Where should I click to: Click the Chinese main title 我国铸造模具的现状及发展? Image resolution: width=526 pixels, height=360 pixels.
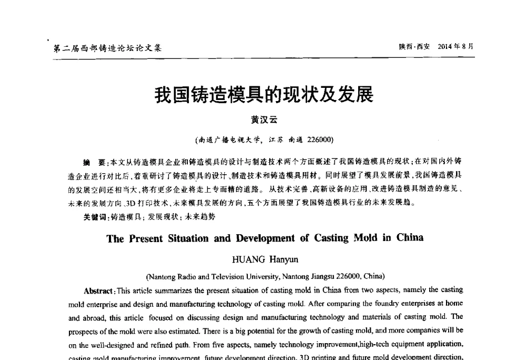point(264,95)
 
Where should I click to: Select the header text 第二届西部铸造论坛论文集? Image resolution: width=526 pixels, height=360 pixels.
point(108,48)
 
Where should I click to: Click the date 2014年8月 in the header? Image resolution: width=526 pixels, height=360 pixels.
point(456,46)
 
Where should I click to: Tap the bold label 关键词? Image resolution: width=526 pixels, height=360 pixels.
point(95,216)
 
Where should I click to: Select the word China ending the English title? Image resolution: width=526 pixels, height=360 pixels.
point(410,237)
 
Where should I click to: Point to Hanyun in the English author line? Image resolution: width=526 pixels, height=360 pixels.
point(285,259)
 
